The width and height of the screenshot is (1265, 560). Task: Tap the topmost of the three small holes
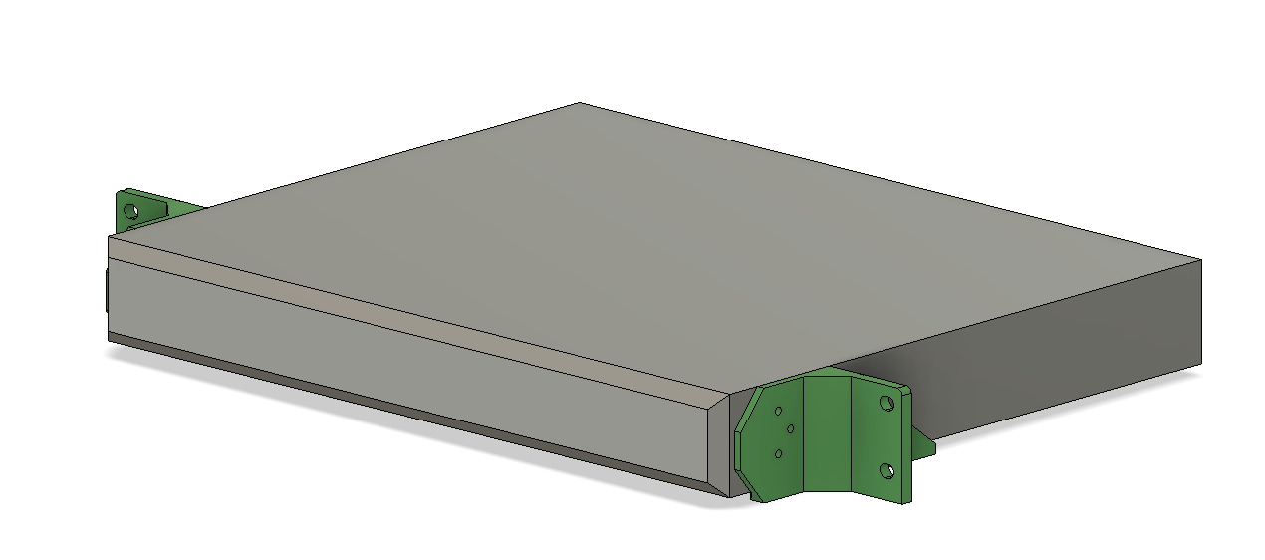[778, 411]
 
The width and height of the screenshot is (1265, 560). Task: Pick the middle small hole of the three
[790, 429]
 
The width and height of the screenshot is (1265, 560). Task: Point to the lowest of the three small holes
[778, 454]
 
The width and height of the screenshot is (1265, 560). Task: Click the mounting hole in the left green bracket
[129, 210]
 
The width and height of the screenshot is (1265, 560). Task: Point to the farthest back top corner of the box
[581, 103]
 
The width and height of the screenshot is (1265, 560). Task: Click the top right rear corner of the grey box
[1201, 260]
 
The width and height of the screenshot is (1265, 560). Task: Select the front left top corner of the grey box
[109, 237]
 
